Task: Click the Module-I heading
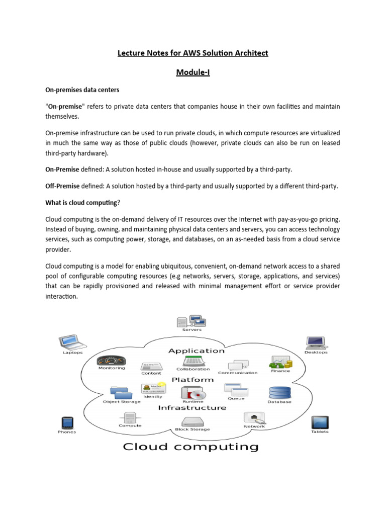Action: [192, 73]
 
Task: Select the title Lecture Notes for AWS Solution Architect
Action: [192, 53]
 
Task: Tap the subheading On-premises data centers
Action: [82, 90]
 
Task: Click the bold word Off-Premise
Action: [62, 186]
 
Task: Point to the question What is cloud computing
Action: [83, 203]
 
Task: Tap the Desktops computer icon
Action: [315, 343]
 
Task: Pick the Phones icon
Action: [67, 422]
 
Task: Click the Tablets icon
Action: [320, 422]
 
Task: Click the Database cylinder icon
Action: [279, 393]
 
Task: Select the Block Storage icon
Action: [192, 421]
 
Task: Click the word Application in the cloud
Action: [196, 351]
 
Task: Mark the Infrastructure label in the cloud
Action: [192, 408]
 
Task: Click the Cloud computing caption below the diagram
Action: [191, 446]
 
